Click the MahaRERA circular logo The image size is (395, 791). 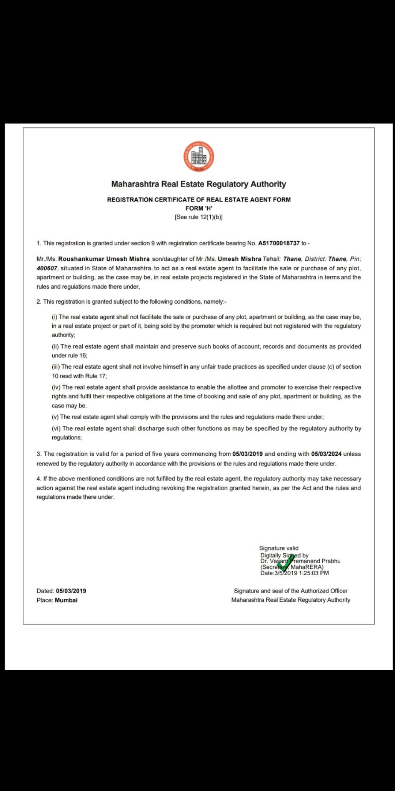point(199,156)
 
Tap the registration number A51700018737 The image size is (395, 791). point(279,243)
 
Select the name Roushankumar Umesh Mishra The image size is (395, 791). point(104,259)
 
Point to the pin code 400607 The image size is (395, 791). point(47,268)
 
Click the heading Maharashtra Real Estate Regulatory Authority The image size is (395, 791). point(199,184)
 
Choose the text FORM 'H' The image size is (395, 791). point(199,208)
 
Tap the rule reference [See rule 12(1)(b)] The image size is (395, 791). point(199,217)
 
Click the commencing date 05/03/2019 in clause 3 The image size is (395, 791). point(247,454)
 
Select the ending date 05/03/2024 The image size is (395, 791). point(326,454)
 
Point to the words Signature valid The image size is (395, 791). point(279,548)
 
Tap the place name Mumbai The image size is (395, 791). point(66,600)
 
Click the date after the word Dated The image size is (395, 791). point(71,591)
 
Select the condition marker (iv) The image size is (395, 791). point(56,387)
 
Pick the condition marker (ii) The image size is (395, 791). point(55,346)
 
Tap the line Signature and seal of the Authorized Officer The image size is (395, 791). point(290,591)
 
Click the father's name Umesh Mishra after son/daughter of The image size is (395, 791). point(239,259)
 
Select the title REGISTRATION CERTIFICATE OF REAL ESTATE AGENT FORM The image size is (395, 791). point(199,200)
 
